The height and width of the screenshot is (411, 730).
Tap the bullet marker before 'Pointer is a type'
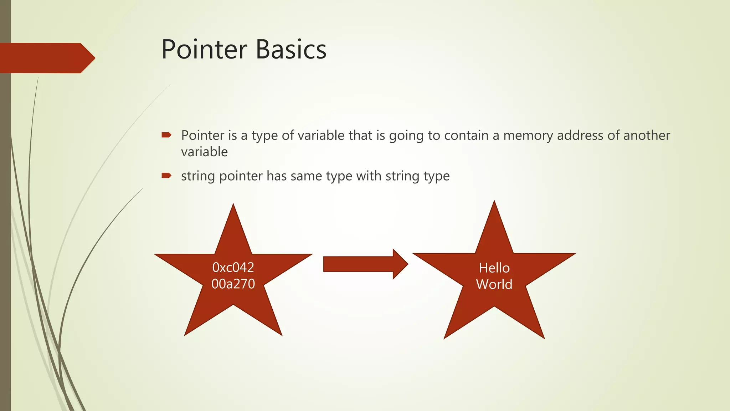[166, 135]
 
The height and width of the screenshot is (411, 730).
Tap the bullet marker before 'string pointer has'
[166, 175]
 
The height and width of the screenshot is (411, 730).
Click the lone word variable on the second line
[204, 152]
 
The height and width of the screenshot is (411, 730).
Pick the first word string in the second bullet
[198, 176]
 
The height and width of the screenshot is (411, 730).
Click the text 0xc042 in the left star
[233, 267]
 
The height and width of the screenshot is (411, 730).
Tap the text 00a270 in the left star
[233, 284]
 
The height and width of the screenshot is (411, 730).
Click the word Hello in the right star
[494, 268]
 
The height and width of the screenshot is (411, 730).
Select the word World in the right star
[494, 284]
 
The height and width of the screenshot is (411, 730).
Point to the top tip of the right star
[494, 203]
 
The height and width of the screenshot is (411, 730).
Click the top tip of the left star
[233, 207]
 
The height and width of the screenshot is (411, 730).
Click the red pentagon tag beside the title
[46, 58]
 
